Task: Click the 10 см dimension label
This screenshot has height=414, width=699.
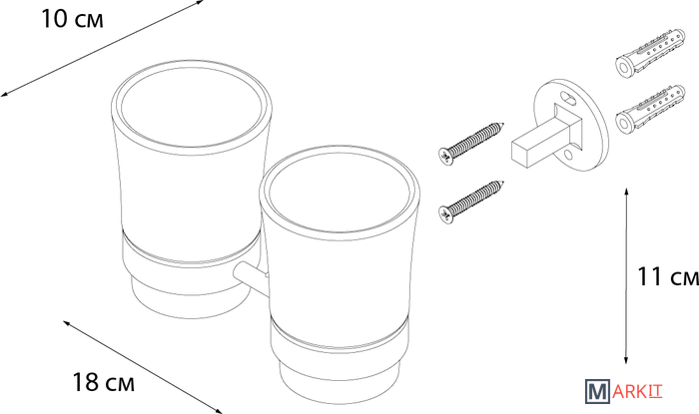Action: click(x=72, y=19)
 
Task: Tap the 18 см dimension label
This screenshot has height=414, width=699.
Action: click(x=104, y=382)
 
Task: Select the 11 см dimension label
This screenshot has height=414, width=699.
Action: click(x=668, y=276)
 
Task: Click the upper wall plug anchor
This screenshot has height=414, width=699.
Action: click(x=650, y=54)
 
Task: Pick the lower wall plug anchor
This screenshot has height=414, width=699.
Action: click(x=650, y=109)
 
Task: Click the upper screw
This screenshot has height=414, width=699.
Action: click(x=471, y=143)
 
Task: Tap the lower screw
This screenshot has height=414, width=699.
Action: click(x=471, y=202)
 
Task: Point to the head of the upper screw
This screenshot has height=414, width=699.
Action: click(x=445, y=157)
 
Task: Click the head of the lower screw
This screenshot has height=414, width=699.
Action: click(x=445, y=214)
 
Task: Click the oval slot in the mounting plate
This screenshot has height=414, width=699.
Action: click(x=567, y=97)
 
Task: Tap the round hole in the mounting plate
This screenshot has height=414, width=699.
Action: click(x=567, y=156)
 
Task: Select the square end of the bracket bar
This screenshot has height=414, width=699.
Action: click(x=519, y=155)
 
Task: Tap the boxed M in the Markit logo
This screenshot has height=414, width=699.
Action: click(x=597, y=391)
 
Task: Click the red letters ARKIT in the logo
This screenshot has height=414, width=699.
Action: click(x=637, y=392)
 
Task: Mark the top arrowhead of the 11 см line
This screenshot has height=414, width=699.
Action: click(x=626, y=193)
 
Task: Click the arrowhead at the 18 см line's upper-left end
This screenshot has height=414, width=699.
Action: click(x=67, y=323)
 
